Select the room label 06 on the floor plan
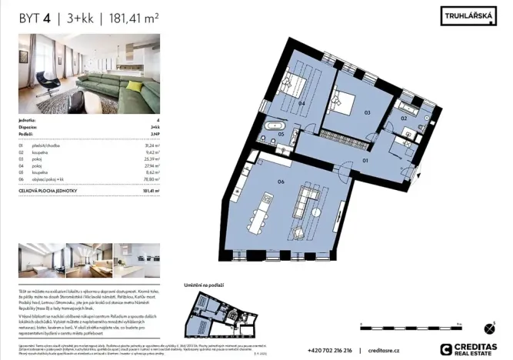[x=259, y=182]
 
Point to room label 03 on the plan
[x=367, y=112]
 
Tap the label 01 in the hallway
[x=366, y=161]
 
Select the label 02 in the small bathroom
[x=402, y=118]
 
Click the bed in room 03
[x=343, y=101]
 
